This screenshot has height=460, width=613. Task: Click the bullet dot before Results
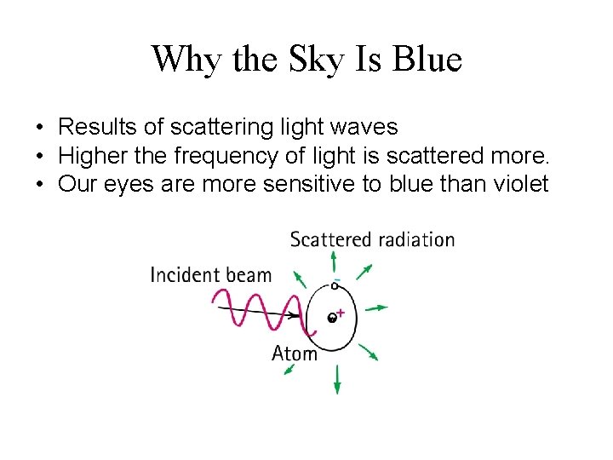point(40,129)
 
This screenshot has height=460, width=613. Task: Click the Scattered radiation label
point(372,239)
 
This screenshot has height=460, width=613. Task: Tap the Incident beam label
point(210,274)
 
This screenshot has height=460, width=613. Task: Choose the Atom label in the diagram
point(294,352)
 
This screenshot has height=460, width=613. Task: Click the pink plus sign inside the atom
point(341,313)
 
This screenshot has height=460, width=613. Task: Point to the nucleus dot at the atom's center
point(331,319)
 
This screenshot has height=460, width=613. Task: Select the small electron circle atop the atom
point(335,286)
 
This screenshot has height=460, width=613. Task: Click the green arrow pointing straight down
point(337,379)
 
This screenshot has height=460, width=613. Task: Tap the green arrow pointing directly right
point(379,307)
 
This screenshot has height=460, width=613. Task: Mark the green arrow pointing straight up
point(334,261)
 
